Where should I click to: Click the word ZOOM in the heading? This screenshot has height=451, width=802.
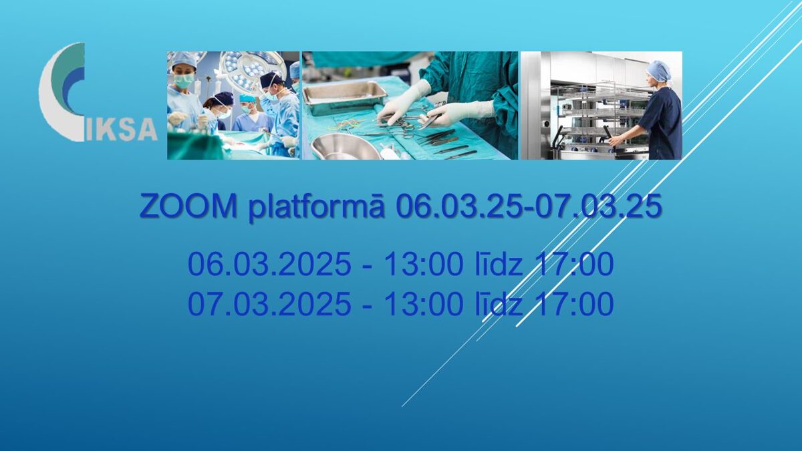pyautogui.click(x=188, y=206)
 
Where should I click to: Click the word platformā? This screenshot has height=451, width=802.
pyautogui.click(x=317, y=208)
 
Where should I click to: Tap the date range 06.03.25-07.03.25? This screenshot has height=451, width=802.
pyautogui.click(x=528, y=206)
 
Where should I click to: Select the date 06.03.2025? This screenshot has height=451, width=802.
pyautogui.click(x=269, y=264)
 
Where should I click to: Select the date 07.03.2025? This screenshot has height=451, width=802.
pyautogui.click(x=269, y=303)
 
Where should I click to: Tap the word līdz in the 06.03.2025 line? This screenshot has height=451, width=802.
pyautogui.click(x=499, y=263)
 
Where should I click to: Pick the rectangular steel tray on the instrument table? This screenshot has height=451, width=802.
pyautogui.click(x=344, y=97)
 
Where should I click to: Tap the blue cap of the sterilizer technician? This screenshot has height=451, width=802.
pyautogui.click(x=660, y=71)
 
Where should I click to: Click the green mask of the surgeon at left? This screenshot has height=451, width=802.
pyautogui.click(x=182, y=82)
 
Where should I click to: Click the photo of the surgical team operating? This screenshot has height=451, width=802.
pyautogui.click(x=233, y=106)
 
